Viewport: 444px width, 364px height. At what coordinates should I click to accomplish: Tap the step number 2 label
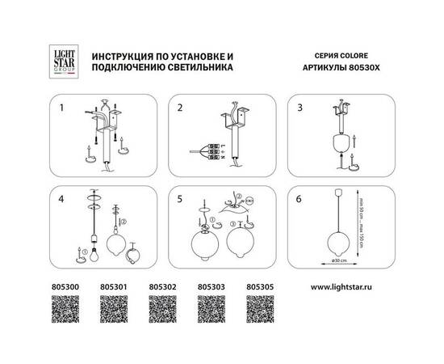click(182, 107)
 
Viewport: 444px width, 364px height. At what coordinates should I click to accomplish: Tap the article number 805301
click(111, 286)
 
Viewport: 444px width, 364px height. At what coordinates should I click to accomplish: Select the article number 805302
click(161, 286)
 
